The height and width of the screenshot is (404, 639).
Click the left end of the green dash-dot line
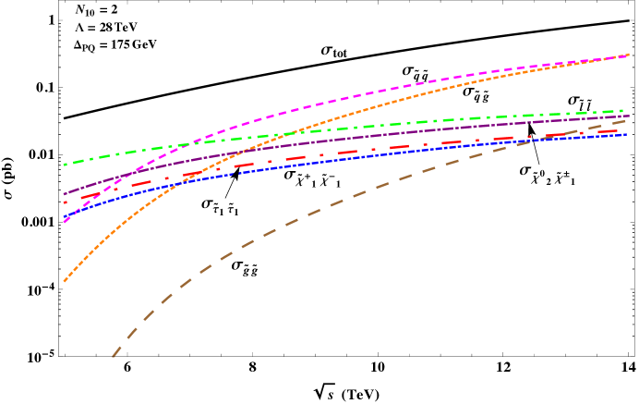pos(64,165)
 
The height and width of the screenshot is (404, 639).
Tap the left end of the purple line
pos(64,194)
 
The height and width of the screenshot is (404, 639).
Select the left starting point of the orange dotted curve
pos(64,282)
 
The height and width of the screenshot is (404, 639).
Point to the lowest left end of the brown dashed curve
pos(113,356)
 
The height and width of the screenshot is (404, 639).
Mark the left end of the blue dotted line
pos(64,218)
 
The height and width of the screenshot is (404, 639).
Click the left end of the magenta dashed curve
pos(64,223)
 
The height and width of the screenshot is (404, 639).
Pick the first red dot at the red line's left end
pos(65,202)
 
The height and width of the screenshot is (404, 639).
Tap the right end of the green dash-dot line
pos(628,111)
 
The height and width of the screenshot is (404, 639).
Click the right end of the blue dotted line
pos(628,134)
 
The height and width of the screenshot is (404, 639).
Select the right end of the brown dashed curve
pos(628,119)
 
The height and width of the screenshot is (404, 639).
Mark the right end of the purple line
pos(628,116)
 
